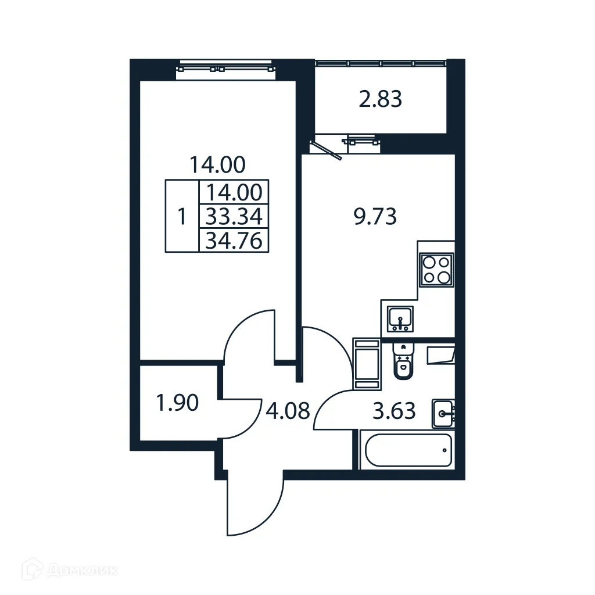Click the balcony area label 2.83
[381, 100]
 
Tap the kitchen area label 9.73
[376, 217]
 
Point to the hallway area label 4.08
[287, 413]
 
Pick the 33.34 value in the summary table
[234, 217]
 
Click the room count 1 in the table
[182, 217]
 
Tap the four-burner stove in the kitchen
[436, 270]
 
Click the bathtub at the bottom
[406, 450]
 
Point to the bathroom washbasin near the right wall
[443, 414]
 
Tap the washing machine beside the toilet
[367, 365]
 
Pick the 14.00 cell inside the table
[234, 191]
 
